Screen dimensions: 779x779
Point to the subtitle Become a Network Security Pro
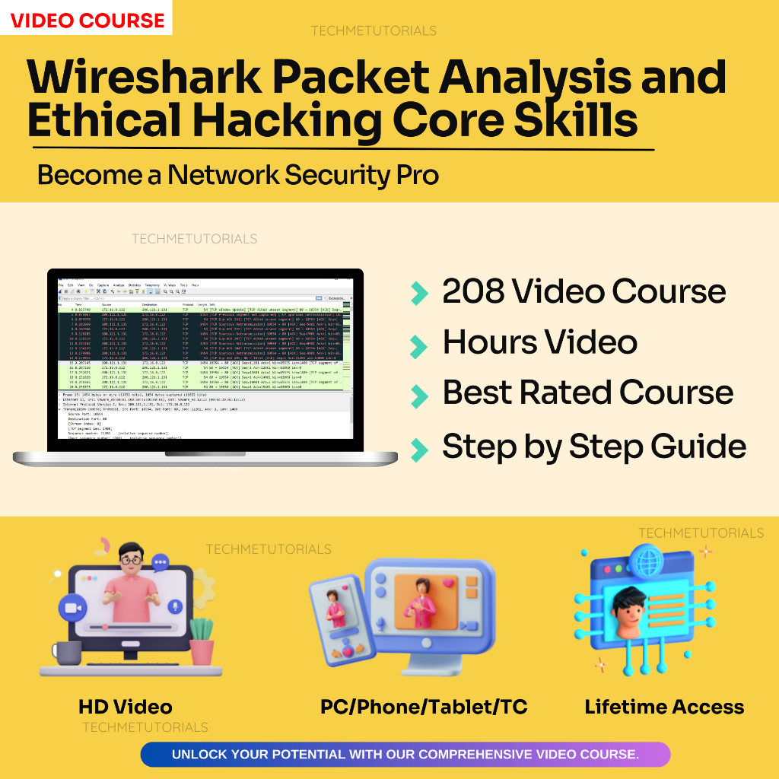tap(237, 175)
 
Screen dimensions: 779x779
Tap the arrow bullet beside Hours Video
tap(418, 346)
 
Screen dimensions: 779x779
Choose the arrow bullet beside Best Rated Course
tap(418, 396)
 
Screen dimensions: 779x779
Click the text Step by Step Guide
tap(593, 447)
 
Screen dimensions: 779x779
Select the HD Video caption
tap(125, 707)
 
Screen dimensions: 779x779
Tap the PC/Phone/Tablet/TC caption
tap(423, 707)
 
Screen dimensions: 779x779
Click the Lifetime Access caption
tap(663, 707)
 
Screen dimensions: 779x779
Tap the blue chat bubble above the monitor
tap(161, 563)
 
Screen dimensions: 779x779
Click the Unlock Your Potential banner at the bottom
tap(405, 755)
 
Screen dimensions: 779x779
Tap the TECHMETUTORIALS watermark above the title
tap(373, 31)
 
